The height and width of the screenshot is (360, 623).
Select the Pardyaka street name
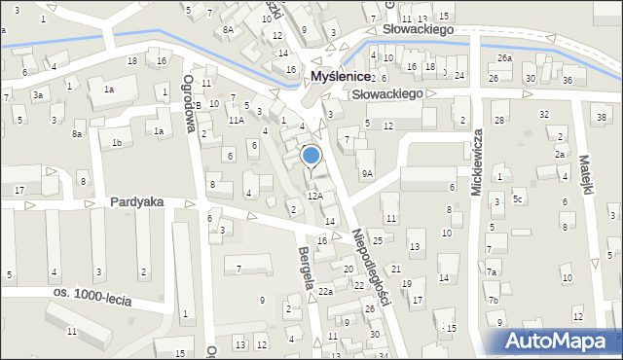[x=136, y=202]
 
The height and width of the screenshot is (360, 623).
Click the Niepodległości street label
[x=371, y=267]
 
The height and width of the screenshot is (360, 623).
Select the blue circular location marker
[x=311, y=155]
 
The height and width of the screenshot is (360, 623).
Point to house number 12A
[x=314, y=196]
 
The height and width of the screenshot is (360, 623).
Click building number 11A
[x=236, y=120]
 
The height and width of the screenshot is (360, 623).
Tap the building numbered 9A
[x=367, y=173]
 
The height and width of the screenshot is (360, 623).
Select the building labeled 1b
[x=117, y=143]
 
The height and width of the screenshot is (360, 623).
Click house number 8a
[x=76, y=133]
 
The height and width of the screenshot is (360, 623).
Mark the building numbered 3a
[x=37, y=94]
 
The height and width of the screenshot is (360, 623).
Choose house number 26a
[x=503, y=58]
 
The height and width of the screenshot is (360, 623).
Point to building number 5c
[x=519, y=200]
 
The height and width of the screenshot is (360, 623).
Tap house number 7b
[x=494, y=299]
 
